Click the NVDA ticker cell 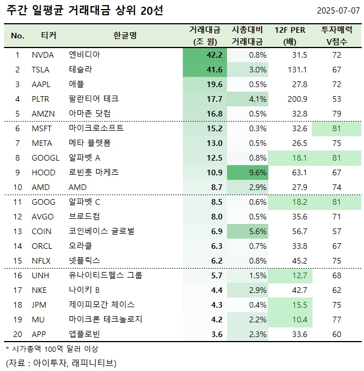pos(44,55)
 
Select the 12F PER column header pos(290,36)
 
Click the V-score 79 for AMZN pos(337,114)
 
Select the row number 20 pos(17,334)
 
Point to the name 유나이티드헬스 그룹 pos(105,275)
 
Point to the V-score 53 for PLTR pos(337,99)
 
